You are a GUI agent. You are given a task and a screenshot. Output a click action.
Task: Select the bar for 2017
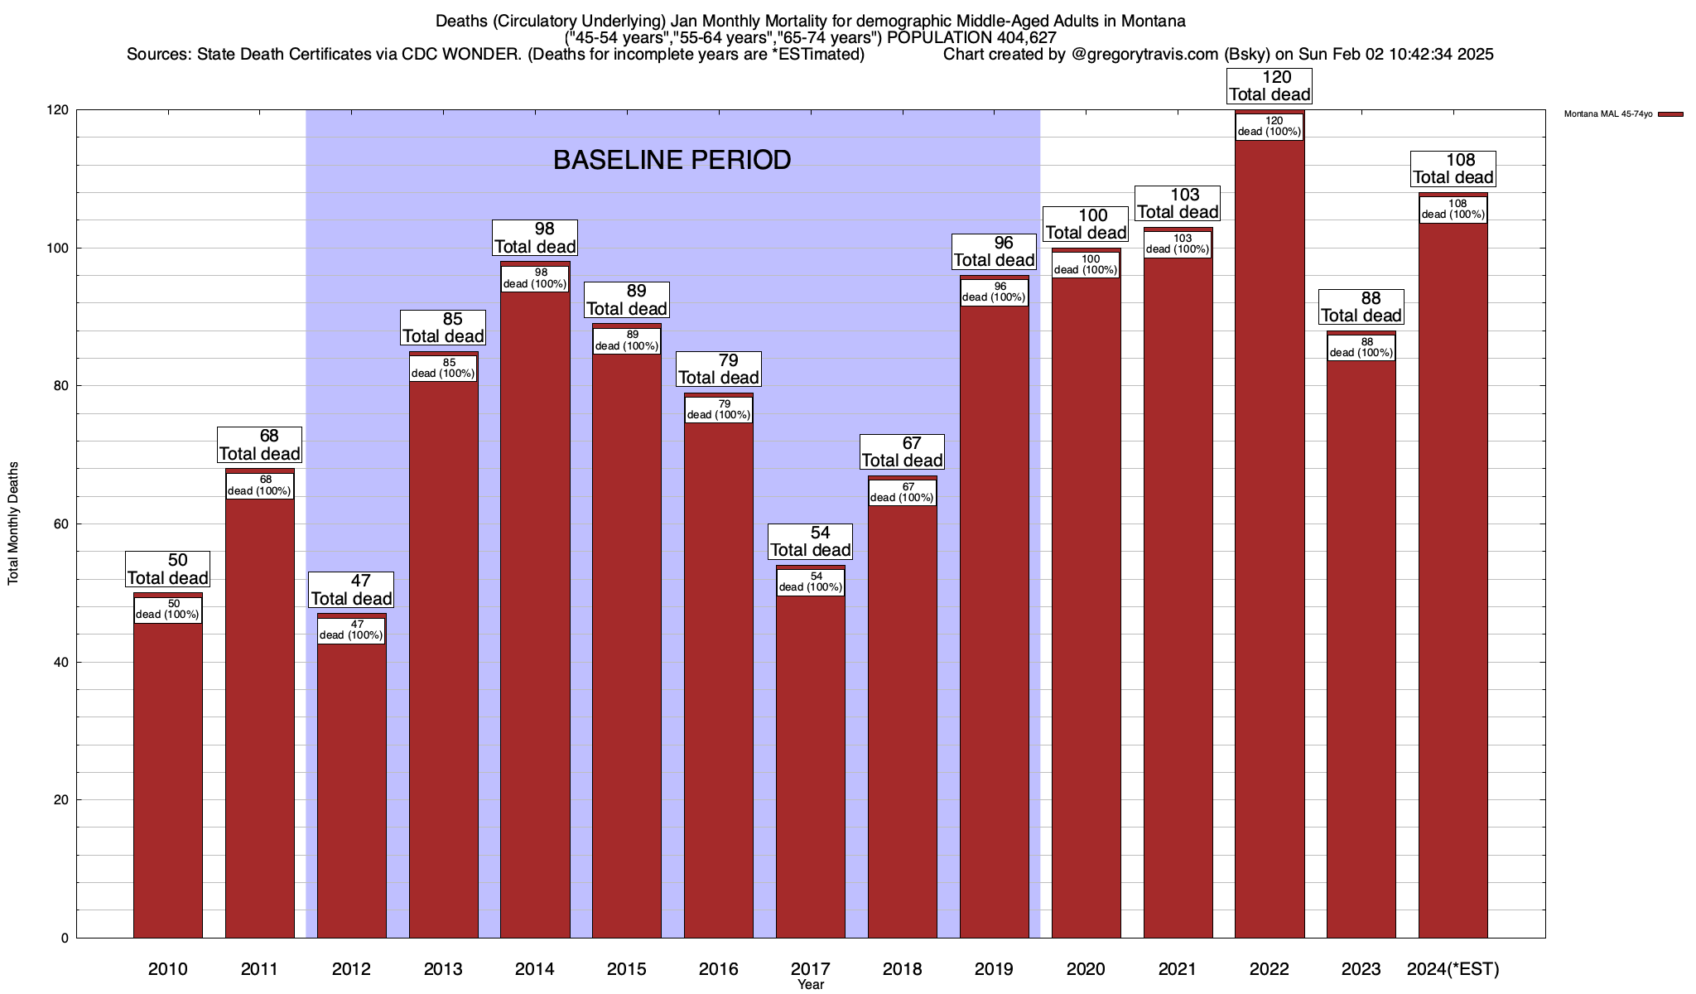(x=811, y=762)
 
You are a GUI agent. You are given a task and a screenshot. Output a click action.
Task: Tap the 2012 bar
(x=351, y=787)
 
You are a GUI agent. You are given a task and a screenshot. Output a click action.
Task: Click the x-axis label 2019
(x=994, y=968)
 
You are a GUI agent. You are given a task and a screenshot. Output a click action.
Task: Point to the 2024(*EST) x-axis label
(x=1453, y=968)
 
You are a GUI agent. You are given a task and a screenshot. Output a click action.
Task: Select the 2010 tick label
(x=167, y=968)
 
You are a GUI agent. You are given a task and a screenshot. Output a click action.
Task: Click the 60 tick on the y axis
(x=61, y=524)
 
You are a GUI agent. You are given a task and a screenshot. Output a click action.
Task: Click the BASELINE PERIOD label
(x=672, y=160)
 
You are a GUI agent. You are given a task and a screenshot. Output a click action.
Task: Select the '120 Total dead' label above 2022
(x=1270, y=86)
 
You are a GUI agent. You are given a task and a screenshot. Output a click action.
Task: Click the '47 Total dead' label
(x=351, y=590)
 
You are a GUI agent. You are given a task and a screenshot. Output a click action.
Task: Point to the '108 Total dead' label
(x=1453, y=169)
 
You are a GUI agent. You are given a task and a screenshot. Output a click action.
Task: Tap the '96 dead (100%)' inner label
(x=994, y=292)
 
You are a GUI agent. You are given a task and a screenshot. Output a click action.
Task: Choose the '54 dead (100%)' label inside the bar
(x=811, y=581)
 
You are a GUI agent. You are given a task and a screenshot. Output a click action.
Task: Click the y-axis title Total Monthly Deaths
(x=13, y=524)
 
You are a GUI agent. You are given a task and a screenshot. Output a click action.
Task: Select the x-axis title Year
(x=811, y=984)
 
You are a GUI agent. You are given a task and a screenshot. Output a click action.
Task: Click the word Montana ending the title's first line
(x=1153, y=21)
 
